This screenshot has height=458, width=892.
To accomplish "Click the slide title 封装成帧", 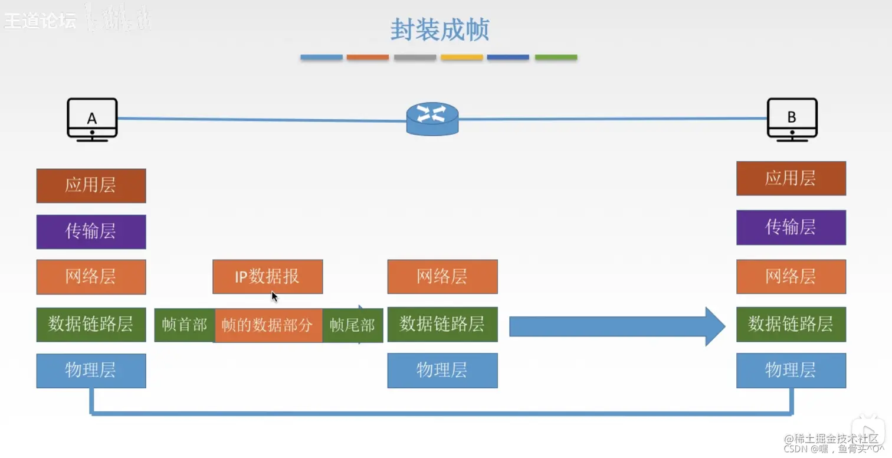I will (x=440, y=30).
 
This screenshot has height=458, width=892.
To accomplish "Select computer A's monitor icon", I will (x=92, y=119).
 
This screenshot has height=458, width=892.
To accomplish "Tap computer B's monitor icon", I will (x=792, y=119).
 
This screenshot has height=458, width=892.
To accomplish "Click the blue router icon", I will (x=432, y=119).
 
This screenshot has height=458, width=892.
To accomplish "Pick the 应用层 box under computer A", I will (x=91, y=185).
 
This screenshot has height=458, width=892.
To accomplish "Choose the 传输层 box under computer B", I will (x=791, y=227).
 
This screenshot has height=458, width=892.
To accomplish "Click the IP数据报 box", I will (x=267, y=276).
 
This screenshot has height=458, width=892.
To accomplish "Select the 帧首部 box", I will (x=184, y=325).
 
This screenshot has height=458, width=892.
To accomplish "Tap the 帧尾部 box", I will (x=352, y=325).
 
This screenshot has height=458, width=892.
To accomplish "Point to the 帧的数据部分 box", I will (x=268, y=325).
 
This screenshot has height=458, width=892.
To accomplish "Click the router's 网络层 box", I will (x=442, y=276).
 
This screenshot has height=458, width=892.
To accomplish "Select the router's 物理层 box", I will (x=442, y=371).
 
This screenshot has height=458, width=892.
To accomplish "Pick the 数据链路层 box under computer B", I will (x=791, y=324).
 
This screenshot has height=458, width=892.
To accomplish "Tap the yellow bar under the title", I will (x=461, y=57).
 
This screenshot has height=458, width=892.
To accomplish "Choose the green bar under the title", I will (x=556, y=57).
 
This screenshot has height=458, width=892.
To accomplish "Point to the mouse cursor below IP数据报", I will (x=274, y=296).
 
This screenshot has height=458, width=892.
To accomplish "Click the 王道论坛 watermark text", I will (x=40, y=21).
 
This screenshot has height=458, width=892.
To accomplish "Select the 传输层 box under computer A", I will (x=91, y=231).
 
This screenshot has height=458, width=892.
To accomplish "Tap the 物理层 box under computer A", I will (x=91, y=371).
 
